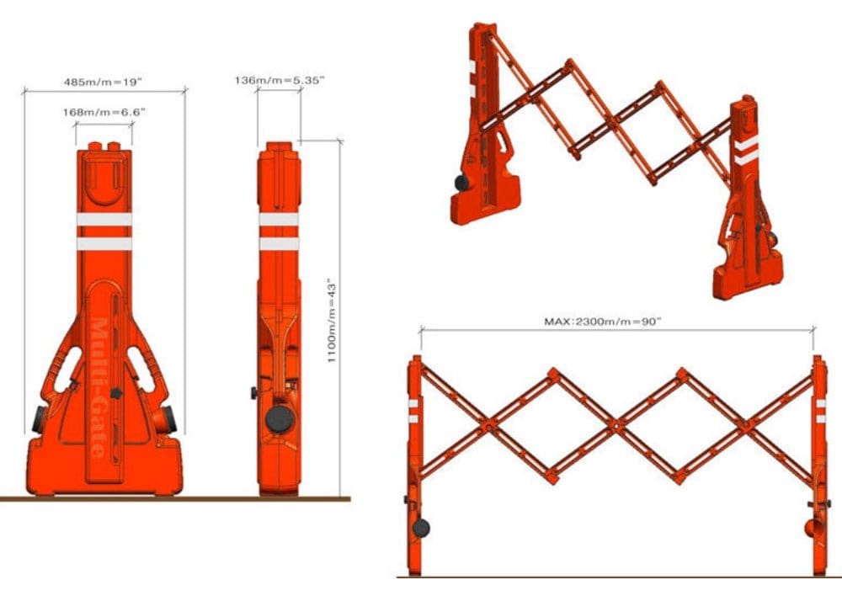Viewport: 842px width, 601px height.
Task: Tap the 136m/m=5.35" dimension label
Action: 280,80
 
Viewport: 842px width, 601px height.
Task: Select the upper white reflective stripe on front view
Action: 104,220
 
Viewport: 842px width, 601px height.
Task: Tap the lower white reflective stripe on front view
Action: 104,243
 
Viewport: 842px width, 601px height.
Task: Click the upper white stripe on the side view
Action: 279,220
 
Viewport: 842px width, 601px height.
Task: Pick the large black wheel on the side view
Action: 278,418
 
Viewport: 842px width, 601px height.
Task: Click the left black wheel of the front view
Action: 40,418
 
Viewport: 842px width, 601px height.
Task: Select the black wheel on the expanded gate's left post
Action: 420,529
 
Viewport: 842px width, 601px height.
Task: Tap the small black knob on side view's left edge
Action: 253,393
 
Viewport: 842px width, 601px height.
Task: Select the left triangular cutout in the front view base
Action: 63,375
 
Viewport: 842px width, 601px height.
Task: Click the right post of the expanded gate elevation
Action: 818,463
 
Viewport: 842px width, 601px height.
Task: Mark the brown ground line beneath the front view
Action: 168,499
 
